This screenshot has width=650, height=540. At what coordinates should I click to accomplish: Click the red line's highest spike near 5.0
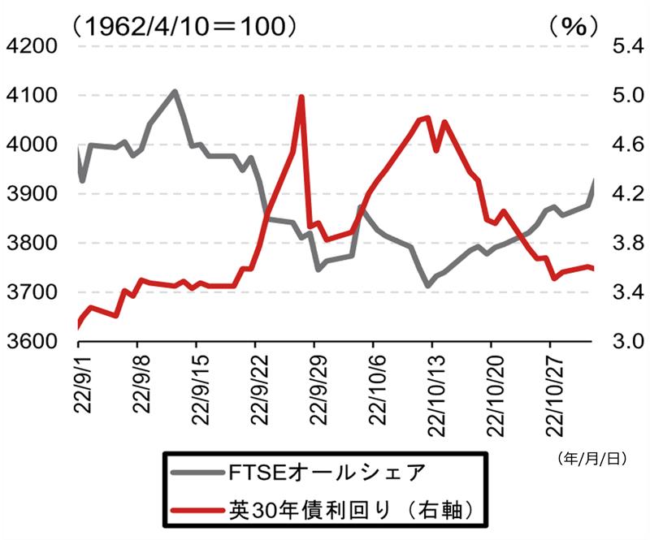(301, 97)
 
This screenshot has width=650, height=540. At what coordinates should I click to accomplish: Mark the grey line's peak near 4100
(175, 91)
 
